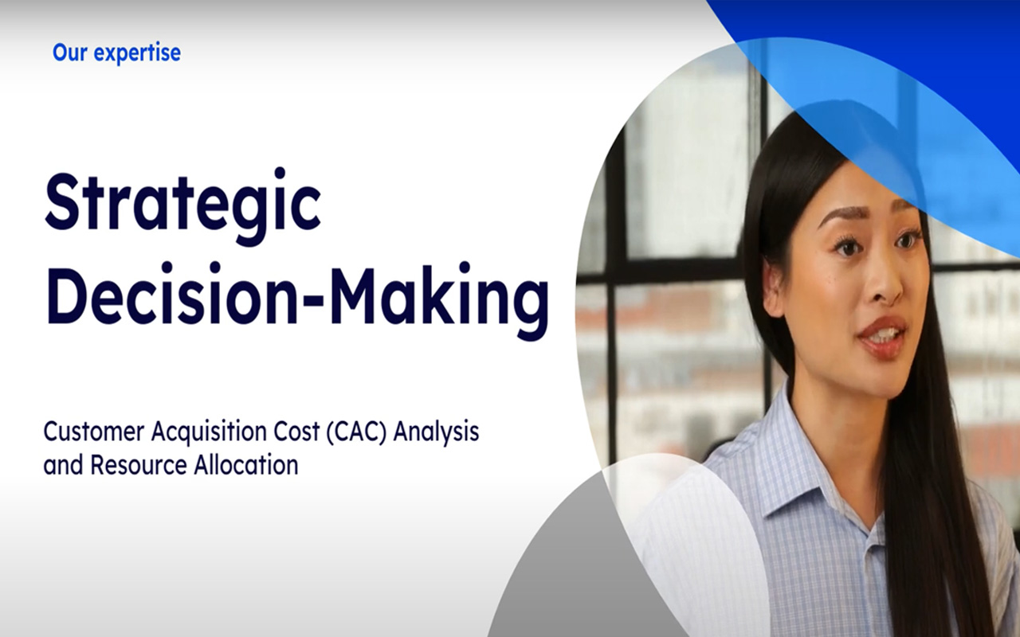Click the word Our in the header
[x=69, y=53]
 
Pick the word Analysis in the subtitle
[x=436, y=433]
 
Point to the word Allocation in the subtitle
[x=246, y=465]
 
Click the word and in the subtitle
[x=63, y=465]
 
